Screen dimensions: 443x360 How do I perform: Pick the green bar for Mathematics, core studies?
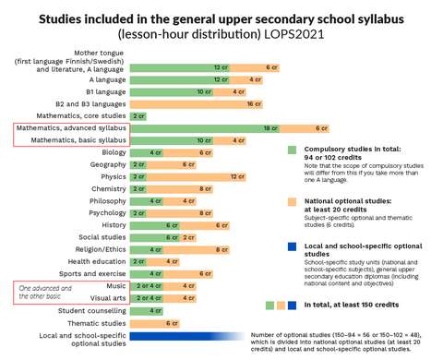click(139, 116)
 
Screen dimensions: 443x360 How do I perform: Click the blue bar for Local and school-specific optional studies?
click(188, 336)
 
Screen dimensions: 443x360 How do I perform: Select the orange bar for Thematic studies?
click(172, 323)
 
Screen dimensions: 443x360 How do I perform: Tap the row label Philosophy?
click(108, 200)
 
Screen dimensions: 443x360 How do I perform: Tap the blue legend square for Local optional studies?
click(292, 246)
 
